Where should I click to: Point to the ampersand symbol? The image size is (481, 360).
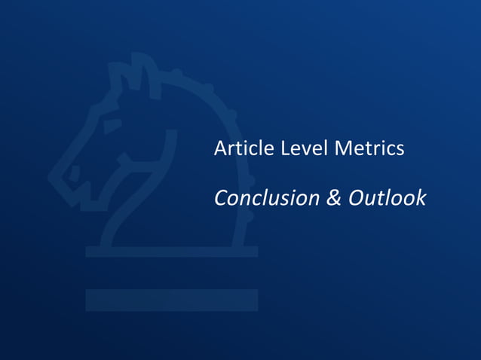pos(333,198)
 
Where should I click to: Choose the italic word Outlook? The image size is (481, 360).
pos(387,198)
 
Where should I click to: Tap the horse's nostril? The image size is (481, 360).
pos(74,173)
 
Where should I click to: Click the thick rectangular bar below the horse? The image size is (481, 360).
pos(171,300)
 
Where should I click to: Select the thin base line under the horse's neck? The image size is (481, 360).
pos(171,251)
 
